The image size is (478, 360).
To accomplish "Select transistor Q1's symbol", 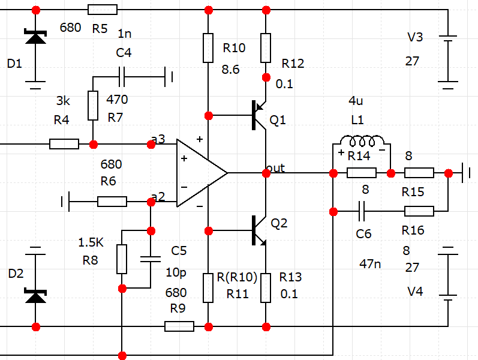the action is click(x=259, y=115).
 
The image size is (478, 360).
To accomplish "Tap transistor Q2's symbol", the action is click(x=259, y=230).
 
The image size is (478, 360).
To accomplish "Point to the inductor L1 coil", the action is click(x=362, y=141).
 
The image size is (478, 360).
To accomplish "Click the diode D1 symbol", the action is click(x=35, y=37).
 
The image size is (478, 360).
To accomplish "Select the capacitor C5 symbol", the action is click(x=151, y=259).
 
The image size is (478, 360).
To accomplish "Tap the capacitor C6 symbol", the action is click(x=362, y=211).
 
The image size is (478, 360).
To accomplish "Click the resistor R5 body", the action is click(x=103, y=10).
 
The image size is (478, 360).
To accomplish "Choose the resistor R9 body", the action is click(x=179, y=326).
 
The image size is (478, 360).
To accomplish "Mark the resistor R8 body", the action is click(x=122, y=259).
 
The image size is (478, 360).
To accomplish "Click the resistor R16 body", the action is click(x=419, y=211).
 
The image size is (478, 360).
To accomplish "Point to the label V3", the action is click(x=415, y=37).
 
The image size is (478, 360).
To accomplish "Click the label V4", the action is click(x=415, y=292).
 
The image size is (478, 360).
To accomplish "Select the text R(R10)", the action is click(x=237, y=277).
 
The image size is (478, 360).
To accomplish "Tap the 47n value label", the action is click(x=370, y=263).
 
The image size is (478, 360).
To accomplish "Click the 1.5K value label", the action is click(x=91, y=242).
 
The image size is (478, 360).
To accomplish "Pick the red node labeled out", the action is click(x=266, y=173).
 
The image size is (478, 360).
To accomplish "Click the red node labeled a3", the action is click(x=151, y=145).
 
